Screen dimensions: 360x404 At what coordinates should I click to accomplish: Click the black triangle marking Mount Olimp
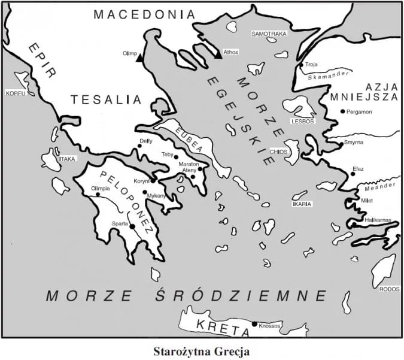(x=139, y=58)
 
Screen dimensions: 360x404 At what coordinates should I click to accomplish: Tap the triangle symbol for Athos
(x=218, y=55)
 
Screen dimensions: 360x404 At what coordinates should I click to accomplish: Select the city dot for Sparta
(x=132, y=226)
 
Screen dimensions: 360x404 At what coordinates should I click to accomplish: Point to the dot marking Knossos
(x=254, y=324)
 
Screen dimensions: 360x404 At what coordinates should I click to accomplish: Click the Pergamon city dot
(x=342, y=111)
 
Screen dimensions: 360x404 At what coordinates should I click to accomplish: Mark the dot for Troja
(x=301, y=65)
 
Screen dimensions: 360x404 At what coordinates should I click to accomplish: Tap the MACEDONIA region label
(x=144, y=14)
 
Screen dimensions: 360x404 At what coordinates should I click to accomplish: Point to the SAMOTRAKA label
(x=270, y=34)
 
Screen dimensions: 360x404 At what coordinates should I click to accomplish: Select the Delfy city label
(x=145, y=141)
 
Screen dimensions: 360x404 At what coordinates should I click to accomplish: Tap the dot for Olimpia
(x=98, y=194)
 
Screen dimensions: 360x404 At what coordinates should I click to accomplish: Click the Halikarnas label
(x=378, y=220)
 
